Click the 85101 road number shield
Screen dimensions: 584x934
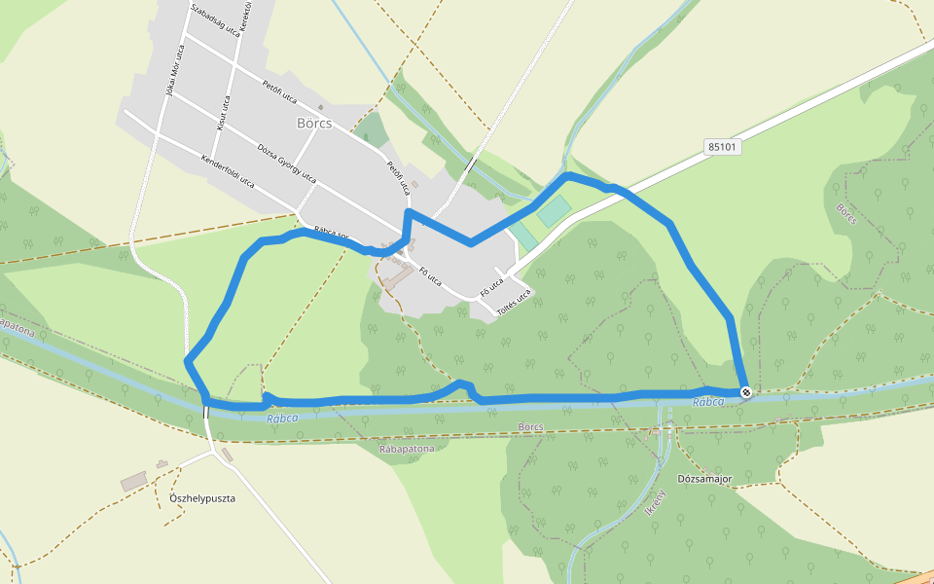(723, 147)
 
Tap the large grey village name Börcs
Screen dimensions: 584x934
(314, 124)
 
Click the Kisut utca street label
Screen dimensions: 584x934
(224, 113)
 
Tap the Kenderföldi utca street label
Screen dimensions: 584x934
(227, 170)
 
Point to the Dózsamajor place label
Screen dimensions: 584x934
(704, 480)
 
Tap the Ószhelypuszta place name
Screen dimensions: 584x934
(202, 498)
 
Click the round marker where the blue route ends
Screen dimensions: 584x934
(746, 392)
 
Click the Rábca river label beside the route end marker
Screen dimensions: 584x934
(708, 402)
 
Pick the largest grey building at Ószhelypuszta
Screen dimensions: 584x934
(133, 482)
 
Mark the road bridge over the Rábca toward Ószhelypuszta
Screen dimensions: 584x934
(206, 411)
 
